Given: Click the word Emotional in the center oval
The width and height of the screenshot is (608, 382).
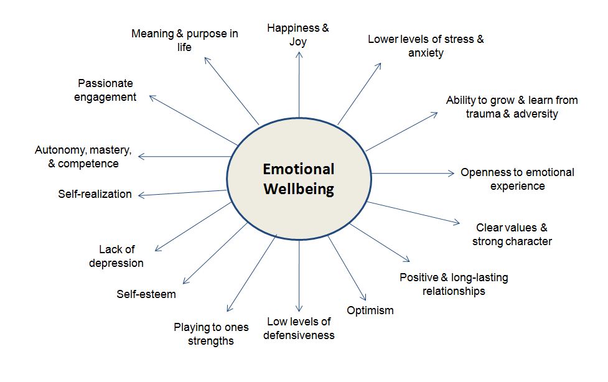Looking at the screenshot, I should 298,169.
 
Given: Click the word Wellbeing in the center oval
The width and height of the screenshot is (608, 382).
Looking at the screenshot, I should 298,189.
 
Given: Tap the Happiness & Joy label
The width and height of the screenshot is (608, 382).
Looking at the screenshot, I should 297,35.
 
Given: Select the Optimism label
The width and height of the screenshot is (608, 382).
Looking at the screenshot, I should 370,310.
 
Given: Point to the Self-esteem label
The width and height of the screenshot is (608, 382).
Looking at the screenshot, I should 146,294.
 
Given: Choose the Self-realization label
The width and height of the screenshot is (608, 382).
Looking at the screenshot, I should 95,194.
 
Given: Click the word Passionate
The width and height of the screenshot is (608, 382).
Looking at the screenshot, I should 105,83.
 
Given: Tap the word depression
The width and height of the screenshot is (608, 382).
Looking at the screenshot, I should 116,263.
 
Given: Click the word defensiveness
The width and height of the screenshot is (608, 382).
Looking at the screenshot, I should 299,335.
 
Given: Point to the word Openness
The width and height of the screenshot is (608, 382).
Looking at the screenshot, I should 482,172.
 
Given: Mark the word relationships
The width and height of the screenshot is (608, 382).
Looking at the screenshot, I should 454,291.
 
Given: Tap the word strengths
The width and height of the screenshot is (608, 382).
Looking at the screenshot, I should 210,341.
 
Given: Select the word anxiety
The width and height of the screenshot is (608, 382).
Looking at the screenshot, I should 426,53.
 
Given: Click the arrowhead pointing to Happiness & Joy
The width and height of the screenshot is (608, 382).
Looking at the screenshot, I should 299,54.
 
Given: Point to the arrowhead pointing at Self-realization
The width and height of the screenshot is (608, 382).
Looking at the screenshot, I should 141,195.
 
